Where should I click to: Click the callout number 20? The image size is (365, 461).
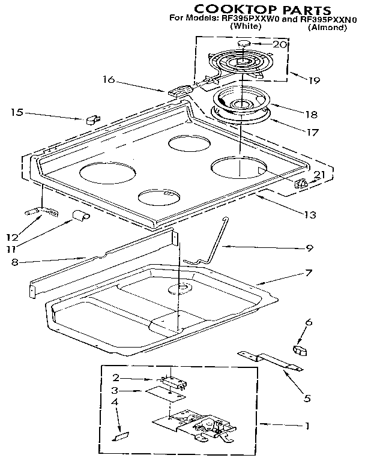(x=280, y=44)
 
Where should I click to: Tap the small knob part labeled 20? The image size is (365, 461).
(x=244, y=43)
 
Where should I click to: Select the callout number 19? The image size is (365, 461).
(x=315, y=79)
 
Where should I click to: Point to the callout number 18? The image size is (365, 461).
(x=312, y=113)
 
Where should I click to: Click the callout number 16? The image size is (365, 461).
(x=108, y=79)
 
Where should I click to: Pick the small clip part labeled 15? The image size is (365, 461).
(x=92, y=118)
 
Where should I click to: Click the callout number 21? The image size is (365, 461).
(x=319, y=175)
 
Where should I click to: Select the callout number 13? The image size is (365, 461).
(x=309, y=214)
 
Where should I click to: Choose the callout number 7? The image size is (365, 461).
(x=308, y=273)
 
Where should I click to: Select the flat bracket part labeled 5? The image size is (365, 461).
(x=270, y=361)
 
